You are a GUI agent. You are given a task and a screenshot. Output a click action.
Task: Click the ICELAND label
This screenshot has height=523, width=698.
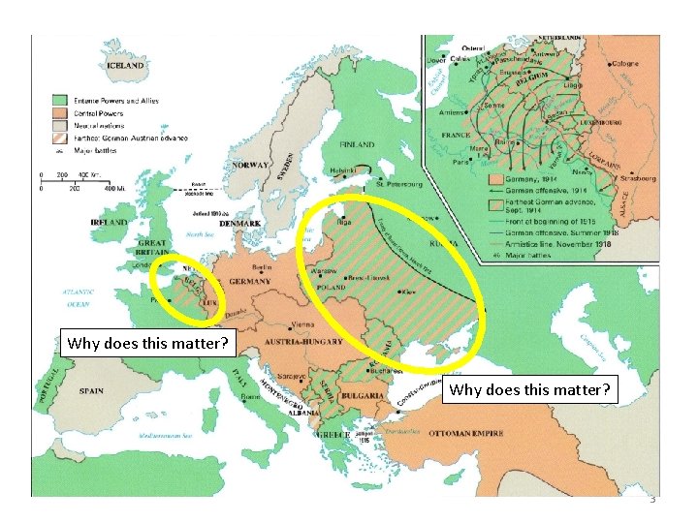tap(126, 65)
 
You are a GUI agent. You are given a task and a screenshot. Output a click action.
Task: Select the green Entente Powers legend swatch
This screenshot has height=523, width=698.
tap(59, 100)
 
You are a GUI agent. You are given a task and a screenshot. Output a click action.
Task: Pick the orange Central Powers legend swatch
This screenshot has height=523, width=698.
tap(59, 113)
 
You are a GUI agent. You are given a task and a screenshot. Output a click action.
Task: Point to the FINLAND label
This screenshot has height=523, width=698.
tap(357, 146)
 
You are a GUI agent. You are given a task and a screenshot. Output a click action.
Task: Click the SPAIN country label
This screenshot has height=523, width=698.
tap(91, 391)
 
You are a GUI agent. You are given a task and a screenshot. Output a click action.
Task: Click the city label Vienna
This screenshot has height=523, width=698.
tap(302, 324)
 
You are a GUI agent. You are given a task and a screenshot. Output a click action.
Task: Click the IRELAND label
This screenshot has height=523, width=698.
tap(109, 222)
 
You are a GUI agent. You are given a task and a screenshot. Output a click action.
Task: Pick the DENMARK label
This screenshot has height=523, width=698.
tap(239, 224)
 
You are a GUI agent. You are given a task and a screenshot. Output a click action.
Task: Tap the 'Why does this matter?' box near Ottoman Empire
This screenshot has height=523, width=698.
tap(529, 390)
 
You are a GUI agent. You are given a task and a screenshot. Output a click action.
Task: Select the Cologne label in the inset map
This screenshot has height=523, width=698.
tap(623, 64)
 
